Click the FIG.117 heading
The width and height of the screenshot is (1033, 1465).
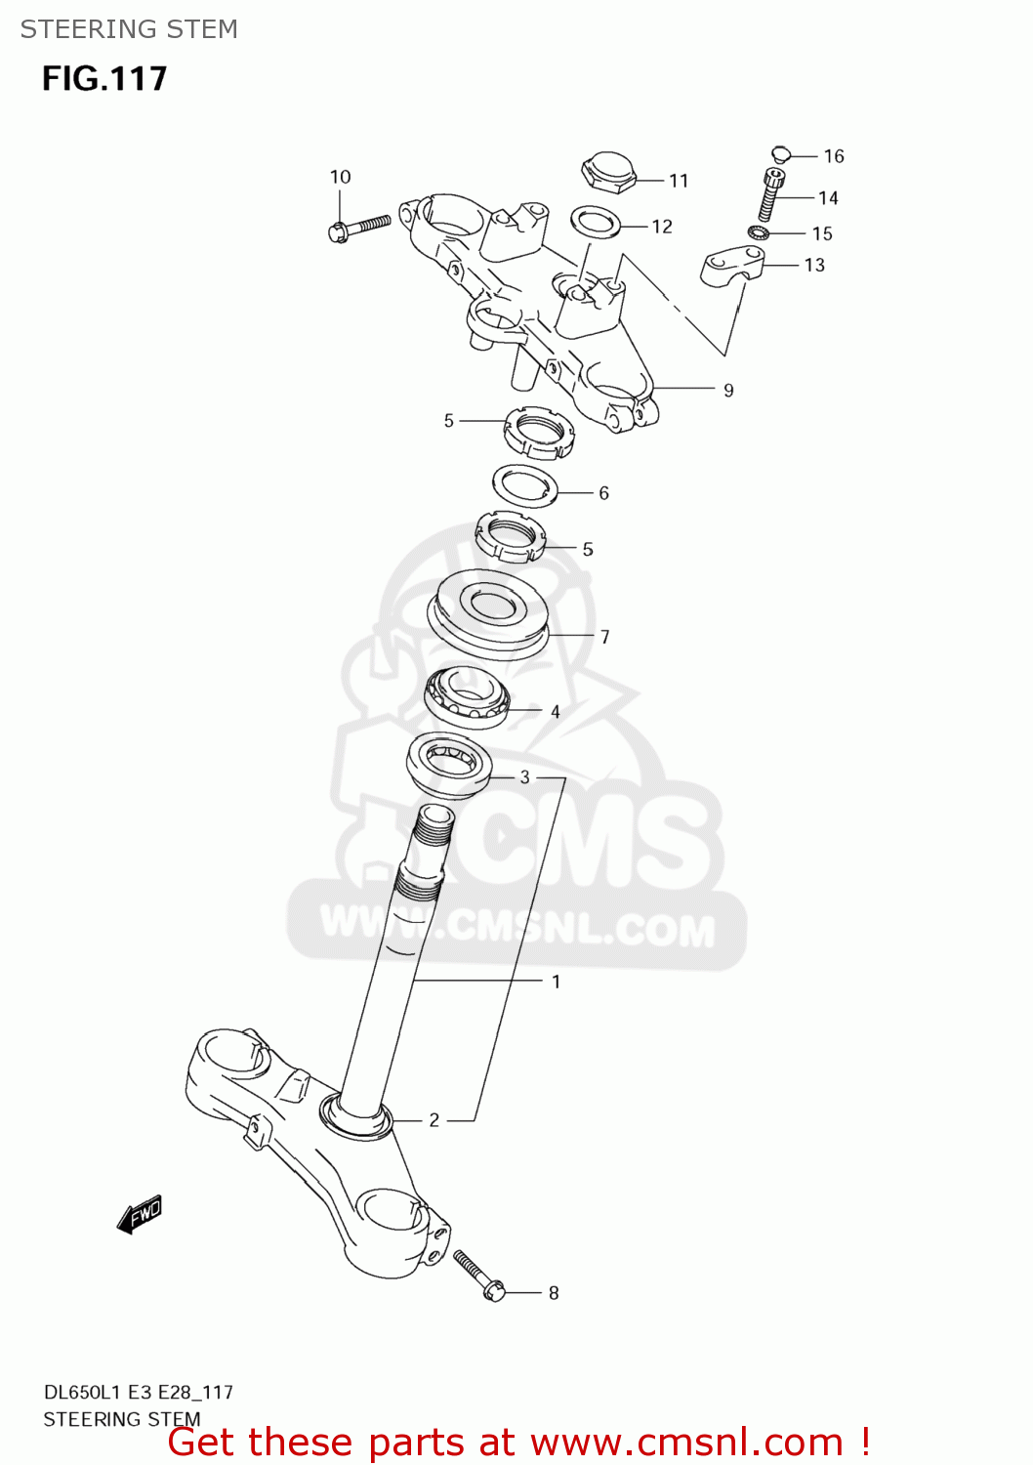point(104,78)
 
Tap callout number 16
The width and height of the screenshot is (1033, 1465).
point(833,156)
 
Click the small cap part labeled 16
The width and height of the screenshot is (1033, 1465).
point(779,153)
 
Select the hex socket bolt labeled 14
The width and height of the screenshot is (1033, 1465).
point(770,194)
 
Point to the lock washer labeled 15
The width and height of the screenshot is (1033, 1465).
point(758,232)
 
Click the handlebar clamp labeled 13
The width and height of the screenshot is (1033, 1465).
point(731,265)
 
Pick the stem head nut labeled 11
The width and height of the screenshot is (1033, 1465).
point(608,172)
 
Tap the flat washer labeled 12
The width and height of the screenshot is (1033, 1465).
point(596,222)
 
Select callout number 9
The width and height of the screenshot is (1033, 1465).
point(728,391)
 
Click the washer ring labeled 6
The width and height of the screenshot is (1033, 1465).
point(525,485)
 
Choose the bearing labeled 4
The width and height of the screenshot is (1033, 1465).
point(468,697)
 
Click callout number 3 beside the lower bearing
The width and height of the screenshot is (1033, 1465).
point(525,777)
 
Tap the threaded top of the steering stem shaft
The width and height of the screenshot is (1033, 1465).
point(434,826)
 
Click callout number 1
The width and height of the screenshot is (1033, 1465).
point(557,982)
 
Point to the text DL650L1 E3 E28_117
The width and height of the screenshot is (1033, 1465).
point(138,1392)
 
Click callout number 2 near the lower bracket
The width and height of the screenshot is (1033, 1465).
point(434,1120)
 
